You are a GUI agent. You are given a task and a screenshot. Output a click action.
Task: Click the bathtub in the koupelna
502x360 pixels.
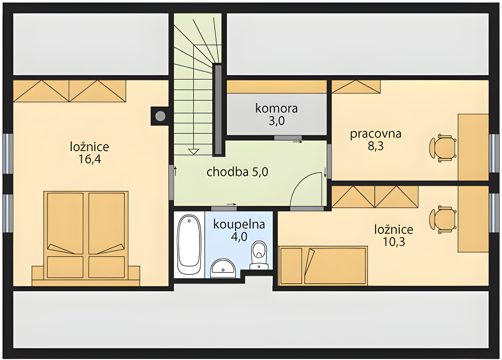189,245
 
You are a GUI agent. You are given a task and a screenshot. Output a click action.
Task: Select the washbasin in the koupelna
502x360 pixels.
223,268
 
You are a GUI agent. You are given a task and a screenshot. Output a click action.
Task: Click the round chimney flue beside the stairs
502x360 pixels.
160,116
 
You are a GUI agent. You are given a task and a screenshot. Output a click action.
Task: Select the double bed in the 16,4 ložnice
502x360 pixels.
86,238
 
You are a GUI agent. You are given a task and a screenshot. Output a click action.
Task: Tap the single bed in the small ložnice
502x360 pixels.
323,266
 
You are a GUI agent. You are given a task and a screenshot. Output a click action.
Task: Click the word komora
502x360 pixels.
277,109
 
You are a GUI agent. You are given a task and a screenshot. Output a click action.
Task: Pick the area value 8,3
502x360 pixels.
376,146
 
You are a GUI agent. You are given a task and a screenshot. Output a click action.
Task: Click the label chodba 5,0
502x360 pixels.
237,172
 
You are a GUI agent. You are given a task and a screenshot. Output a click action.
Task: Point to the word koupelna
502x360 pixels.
239,224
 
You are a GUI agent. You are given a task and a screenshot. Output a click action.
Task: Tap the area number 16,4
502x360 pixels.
90,159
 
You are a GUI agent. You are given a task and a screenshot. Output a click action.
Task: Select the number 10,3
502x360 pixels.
394,242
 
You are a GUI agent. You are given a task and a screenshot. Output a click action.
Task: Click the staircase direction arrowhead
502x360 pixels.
194,152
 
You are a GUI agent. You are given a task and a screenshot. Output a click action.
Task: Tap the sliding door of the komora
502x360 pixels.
288,138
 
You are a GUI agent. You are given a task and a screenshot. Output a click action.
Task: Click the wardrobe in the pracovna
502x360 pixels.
356,86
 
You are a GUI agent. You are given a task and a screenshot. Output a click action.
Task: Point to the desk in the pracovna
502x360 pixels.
473,147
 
